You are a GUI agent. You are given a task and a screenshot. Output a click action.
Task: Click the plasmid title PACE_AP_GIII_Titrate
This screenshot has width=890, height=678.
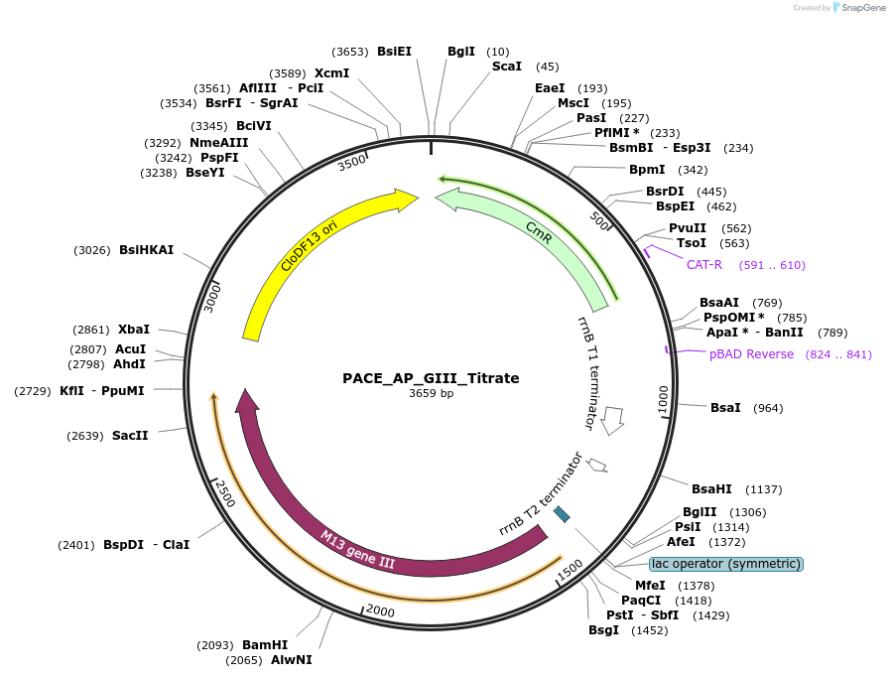click(431, 378)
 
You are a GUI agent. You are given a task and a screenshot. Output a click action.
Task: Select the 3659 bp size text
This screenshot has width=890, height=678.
click(431, 394)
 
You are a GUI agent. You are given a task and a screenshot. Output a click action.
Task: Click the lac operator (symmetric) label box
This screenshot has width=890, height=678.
click(725, 564)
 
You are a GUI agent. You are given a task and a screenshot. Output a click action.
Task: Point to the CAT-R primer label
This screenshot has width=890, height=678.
click(704, 265)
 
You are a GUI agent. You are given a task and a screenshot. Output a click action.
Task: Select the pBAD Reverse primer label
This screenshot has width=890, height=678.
click(751, 354)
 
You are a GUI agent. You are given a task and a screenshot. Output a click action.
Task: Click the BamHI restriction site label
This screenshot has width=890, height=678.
click(265, 645)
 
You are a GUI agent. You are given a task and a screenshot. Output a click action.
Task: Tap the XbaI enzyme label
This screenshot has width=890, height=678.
click(134, 330)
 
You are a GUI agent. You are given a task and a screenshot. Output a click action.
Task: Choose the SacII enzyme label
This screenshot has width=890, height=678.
click(130, 436)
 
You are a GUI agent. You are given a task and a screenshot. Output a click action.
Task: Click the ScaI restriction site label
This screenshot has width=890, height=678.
click(507, 67)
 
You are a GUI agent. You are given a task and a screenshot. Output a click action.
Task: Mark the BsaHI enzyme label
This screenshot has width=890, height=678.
click(711, 489)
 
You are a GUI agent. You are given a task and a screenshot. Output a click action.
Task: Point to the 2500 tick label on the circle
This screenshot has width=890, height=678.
click(225, 492)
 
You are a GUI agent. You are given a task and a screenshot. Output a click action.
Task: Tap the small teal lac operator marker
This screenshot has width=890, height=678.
click(562, 514)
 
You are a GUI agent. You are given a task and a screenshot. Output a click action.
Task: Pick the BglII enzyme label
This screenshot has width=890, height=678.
click(699, 512)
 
